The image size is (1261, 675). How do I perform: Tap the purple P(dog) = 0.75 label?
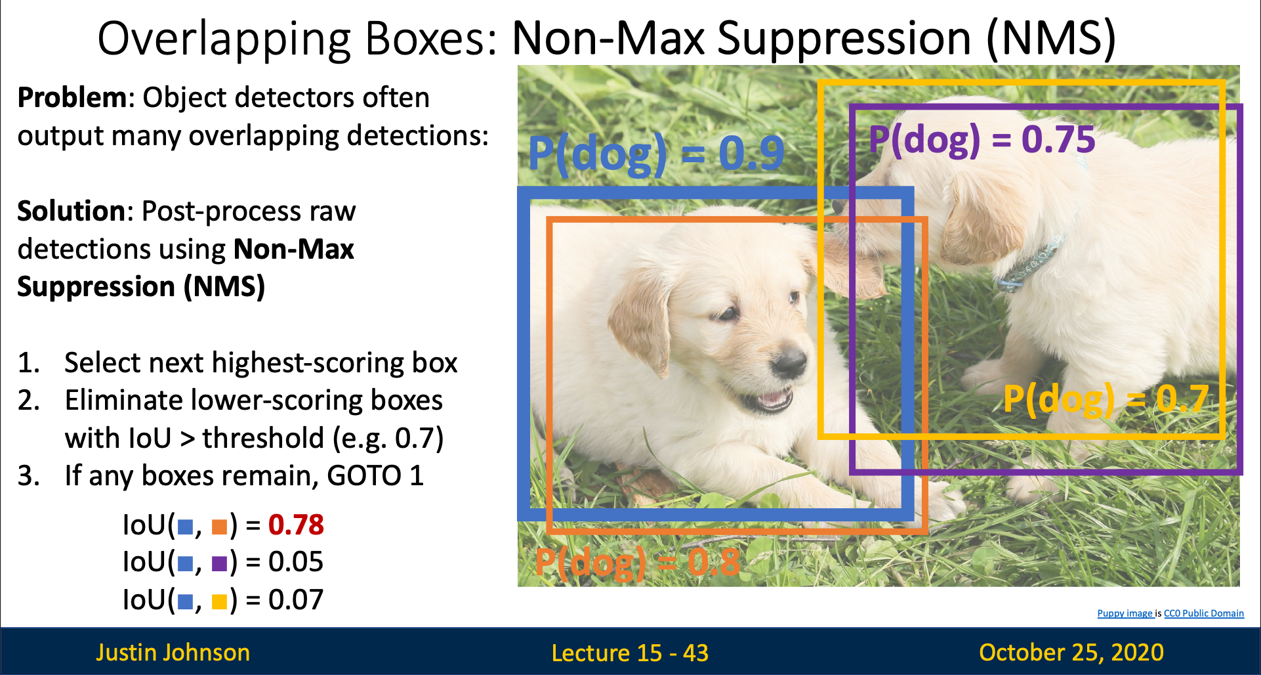tap(982, 140)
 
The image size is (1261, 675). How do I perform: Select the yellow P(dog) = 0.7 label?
tap(1106, 399)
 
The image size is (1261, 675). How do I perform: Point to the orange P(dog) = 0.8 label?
tap(637, 563)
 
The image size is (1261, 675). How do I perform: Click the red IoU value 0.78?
tap(296, 525)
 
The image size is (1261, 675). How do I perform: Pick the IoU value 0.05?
tap(296, 562)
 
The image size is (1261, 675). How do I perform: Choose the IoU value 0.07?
tap(296, 599)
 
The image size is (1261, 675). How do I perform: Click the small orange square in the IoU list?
tap(219, 527)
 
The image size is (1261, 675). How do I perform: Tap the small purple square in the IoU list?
tap(219, 564)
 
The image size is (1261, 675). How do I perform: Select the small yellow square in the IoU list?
tap(219, 601)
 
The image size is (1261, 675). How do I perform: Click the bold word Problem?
tap(72, 98)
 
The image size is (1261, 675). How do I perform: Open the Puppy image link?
tap(1125, 613)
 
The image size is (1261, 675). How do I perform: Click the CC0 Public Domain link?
tap(1204, 613)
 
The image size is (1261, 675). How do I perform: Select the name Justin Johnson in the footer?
tap(173, 653)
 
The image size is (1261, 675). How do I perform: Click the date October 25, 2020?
tap(1071, 653)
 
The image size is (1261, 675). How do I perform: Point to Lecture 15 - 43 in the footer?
tap(630, 653)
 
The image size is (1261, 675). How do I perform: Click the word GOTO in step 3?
tap(364, 476)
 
